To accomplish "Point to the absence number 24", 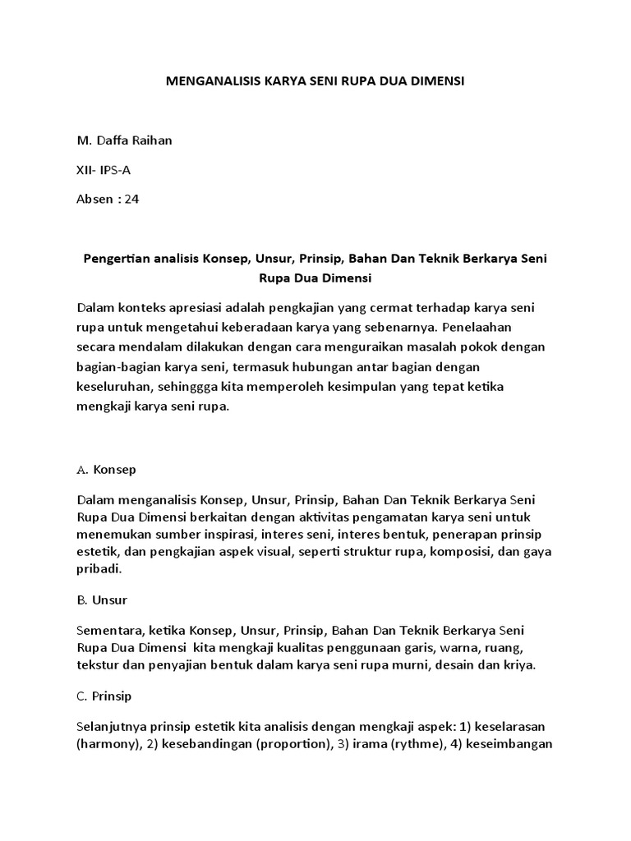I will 131,199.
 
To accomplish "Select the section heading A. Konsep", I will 106,471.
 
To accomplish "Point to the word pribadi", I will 99,569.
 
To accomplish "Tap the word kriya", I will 520,665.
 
